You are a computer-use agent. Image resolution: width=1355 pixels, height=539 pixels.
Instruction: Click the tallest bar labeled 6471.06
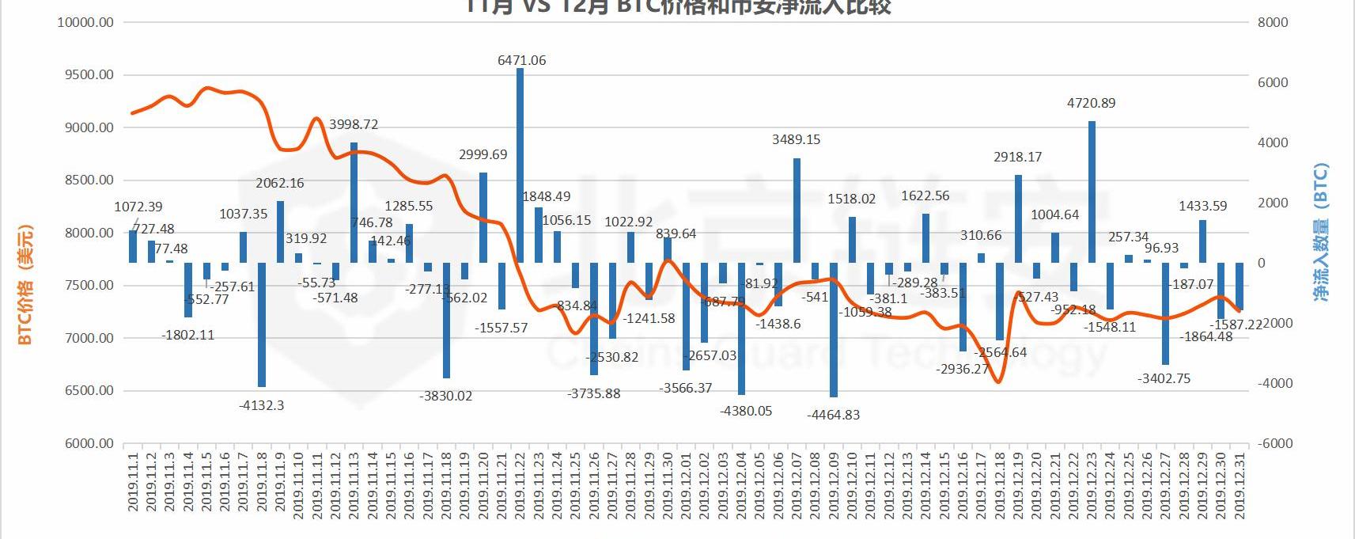point(520,165)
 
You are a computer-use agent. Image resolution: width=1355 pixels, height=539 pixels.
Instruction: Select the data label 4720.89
point(1091,103)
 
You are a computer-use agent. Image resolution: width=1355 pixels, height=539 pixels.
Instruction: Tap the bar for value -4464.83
point(833,329)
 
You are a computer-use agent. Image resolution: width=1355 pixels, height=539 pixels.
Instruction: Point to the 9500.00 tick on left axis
point(85,75)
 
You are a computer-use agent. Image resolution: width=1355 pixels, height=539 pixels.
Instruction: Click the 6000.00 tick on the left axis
point(85,443)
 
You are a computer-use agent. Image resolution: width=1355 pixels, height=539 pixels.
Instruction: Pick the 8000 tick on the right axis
point(1273,22)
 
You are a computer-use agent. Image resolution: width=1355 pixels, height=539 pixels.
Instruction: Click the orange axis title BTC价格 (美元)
point(25,285)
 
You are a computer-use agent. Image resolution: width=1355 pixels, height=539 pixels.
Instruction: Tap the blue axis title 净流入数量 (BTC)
point(1320,231)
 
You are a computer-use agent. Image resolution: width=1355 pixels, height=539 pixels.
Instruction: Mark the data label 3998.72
point(354,125)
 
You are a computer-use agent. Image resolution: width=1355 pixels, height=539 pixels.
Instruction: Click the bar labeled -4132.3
point(262,325)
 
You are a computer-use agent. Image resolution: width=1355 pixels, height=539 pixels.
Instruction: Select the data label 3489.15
point(796,139)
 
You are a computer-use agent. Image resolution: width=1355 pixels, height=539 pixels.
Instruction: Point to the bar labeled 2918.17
point(1018,218)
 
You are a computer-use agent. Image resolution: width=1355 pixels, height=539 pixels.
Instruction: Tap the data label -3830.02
point(445,396)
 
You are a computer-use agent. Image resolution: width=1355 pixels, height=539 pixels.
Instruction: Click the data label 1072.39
point(138,207)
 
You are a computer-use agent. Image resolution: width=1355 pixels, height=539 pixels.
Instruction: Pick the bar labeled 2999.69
point(483,217)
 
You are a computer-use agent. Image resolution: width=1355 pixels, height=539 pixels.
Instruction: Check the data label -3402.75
point(1164,378)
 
